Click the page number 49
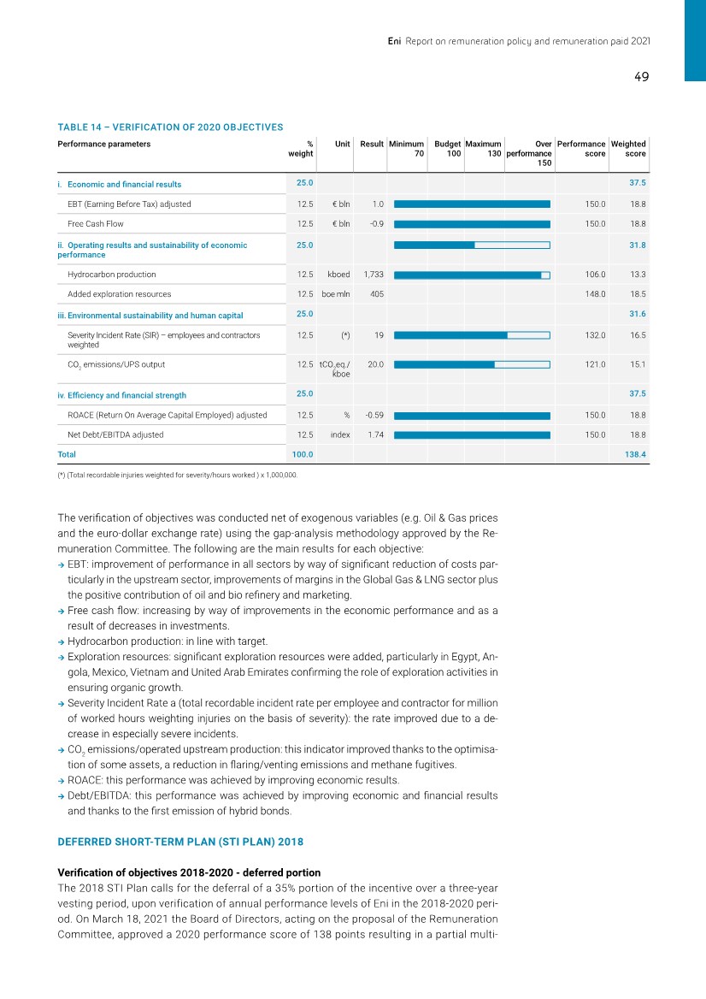tap(641, 77)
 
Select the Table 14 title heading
tap(170, 127)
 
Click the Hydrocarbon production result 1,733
tap(371, 275)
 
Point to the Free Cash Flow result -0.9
tap(374, 224)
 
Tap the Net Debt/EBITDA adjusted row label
tap(115, 435)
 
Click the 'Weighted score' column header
tap(629, 149)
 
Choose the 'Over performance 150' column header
tap(529, 153)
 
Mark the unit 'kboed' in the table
tap(339, 275)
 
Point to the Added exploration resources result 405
tap(376, 294)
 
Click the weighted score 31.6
tap(637, 314)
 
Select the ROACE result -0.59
tap(374, 416)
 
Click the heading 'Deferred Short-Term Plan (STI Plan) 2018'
tap(180, 842)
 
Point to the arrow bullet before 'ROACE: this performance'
tap(61, 780)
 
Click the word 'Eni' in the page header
tap(395, 40)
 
